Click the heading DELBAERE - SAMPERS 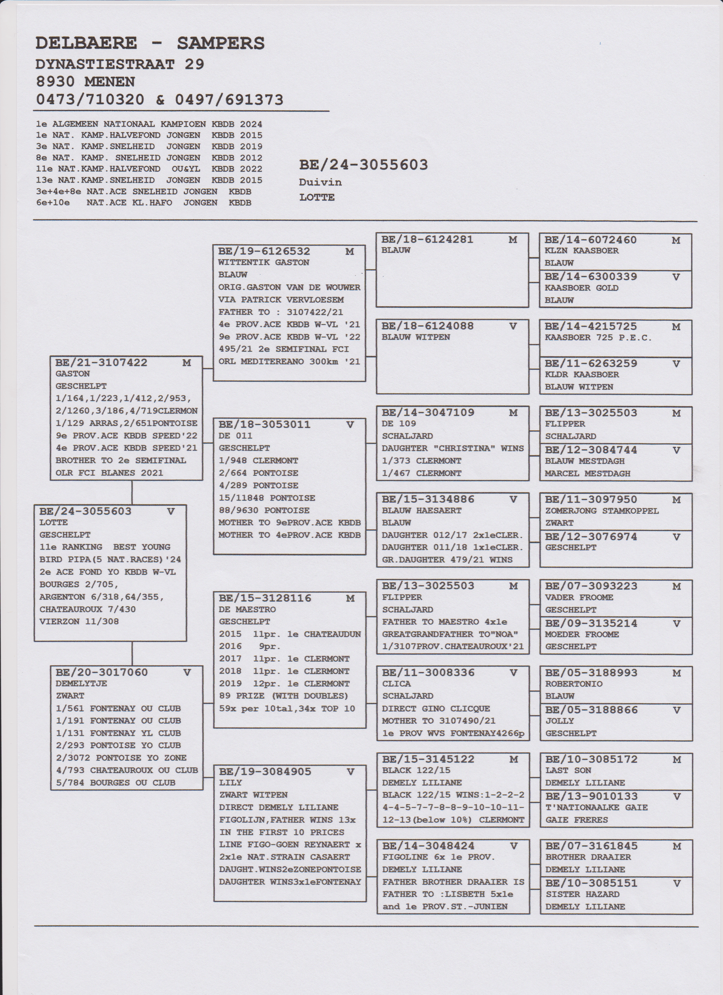[150, 43]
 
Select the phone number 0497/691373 [229, 100]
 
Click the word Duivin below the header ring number [320, 182]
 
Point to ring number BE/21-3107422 [101, 363]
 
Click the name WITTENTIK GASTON [264, 263]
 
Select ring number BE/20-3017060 [102, 672]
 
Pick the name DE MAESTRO [247, 609]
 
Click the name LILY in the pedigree [230, 783]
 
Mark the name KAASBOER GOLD [581, 288]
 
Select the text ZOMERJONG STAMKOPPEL [602, 511]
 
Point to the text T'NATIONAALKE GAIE [596, 808]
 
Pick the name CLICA [396, 684]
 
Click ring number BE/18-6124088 [427, 326]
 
